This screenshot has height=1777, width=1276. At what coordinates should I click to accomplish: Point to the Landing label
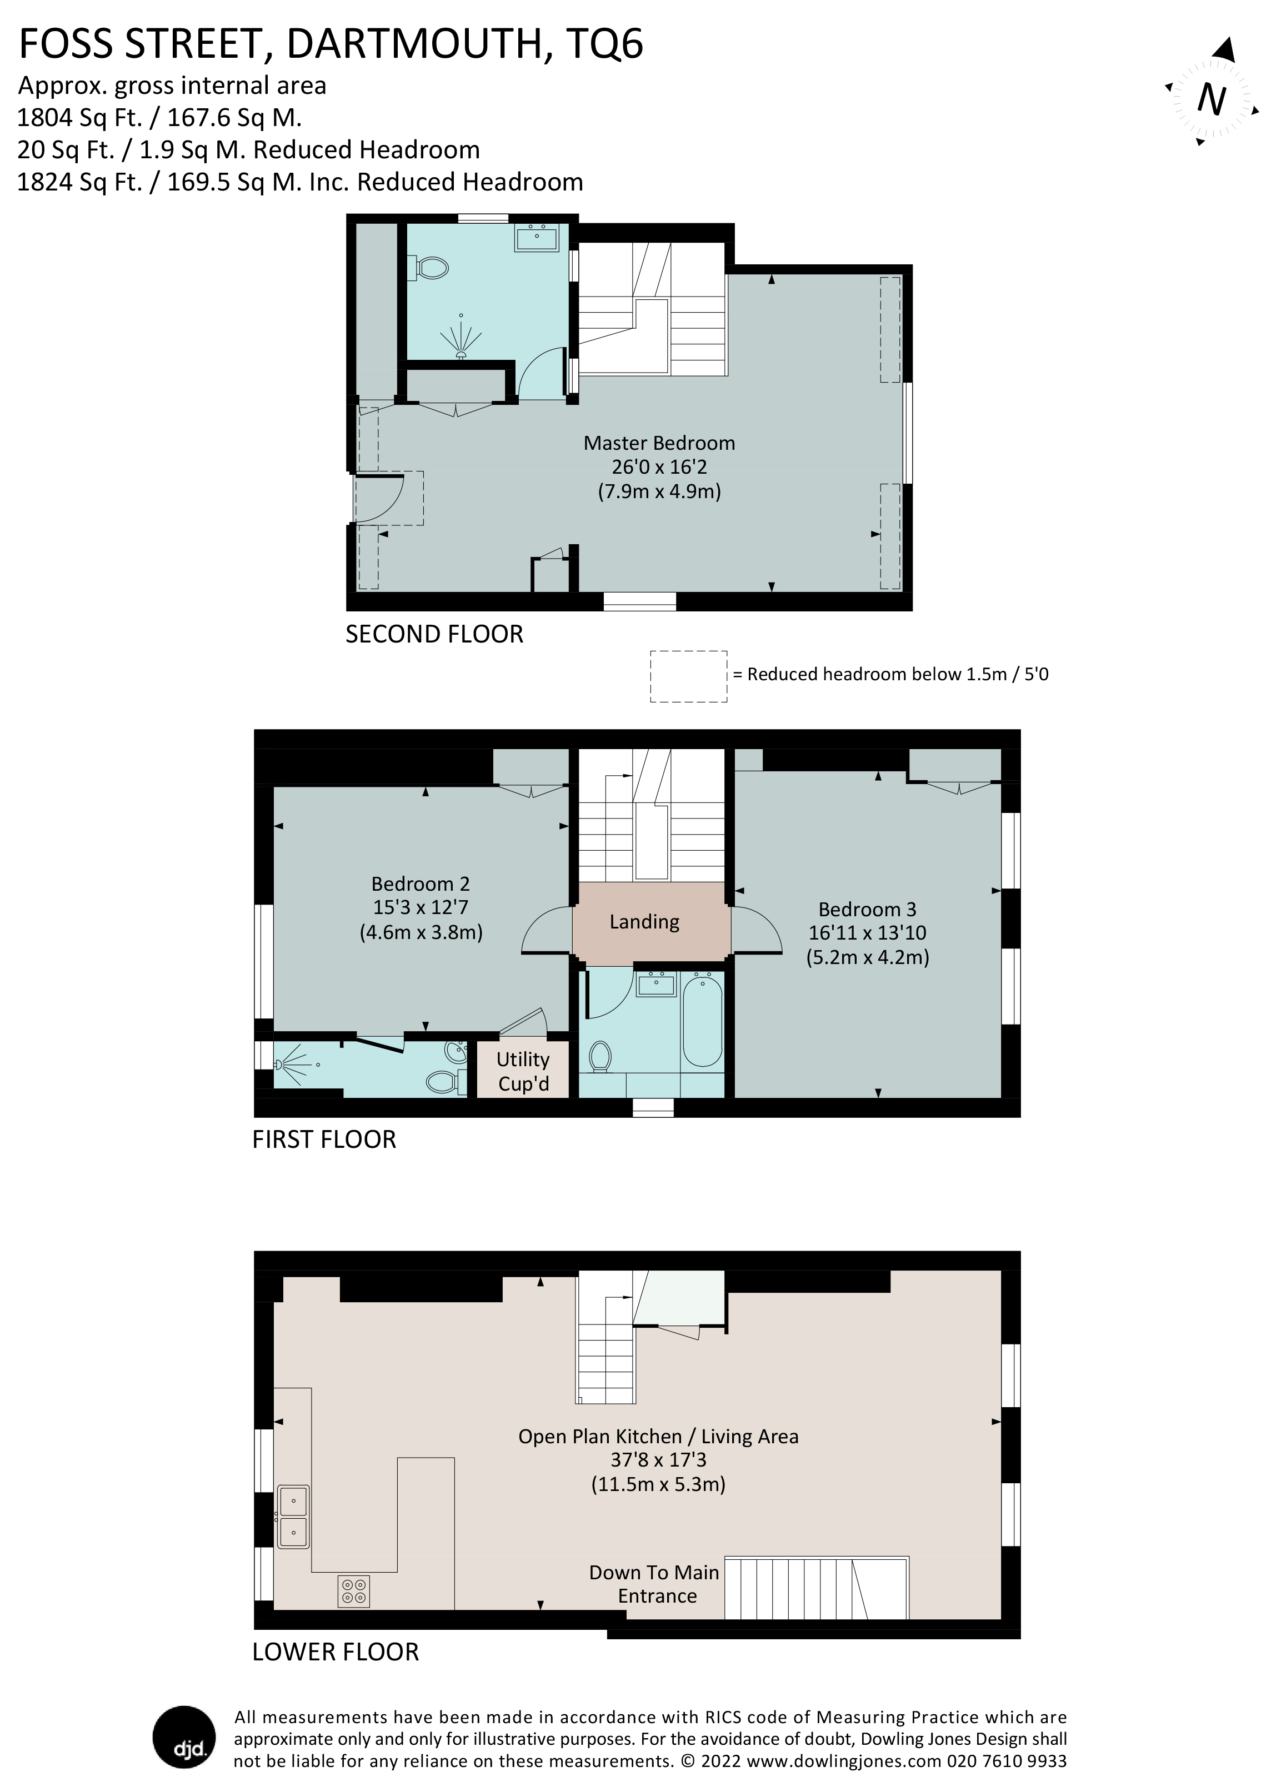(x=644, y=921)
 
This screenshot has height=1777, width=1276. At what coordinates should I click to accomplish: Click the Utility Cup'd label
(x=523, y=1071)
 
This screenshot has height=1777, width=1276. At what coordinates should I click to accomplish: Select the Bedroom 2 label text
(x=420, y=884)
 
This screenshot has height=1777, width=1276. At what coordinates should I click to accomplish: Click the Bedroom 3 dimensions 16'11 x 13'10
(x=868, y=932)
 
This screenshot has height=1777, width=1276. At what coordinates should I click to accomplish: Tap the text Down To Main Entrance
(x=654, y=1584)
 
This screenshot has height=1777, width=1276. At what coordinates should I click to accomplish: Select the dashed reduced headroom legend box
(x=688, y=676)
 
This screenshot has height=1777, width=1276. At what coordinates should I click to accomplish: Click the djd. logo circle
(x=184, y=1737)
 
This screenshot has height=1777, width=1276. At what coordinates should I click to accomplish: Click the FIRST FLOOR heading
(x=324, y=1139)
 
